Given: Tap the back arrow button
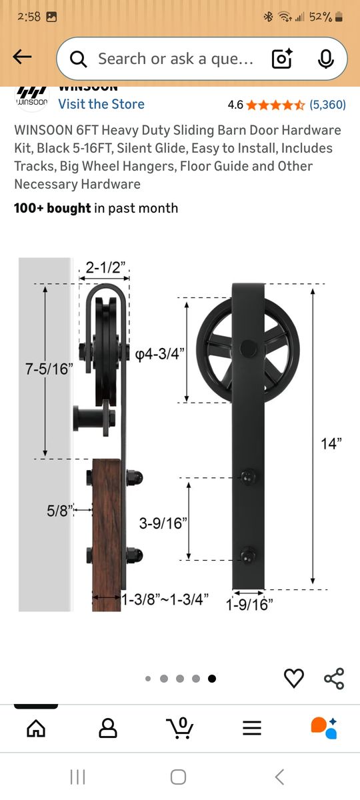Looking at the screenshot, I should pyautogui.click(x=23, y=58).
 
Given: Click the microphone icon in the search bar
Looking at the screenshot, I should pyautogui.click(x=325, y=59).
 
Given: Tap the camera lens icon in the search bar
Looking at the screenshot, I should pyautogui.click(x=282, y=59).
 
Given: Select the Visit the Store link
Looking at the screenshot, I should pyautogui.click(x=101, y=104).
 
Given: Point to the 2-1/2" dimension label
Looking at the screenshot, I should pyautogui.click(x=107, y=268).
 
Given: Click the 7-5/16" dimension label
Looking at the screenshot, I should pyautogui.click(x=49, y=369).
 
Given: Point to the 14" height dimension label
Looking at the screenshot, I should pyautogui.click(x=331, y=443).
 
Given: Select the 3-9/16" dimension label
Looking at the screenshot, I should pyautogui.click(x=161, y=523).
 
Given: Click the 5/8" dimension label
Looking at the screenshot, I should pyautogui.click(x=59, y=511).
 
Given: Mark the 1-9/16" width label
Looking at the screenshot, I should pyautogui.click(x=249, y=605).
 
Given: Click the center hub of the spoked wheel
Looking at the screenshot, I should pyautogui.click(x=248, y=347).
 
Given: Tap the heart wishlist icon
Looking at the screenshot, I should pyautogui.click(x=294, y=678).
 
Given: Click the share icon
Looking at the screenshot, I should pyautogui.click(x=333, y=678).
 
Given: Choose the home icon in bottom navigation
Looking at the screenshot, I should pyautogui.click(x=36, y=727).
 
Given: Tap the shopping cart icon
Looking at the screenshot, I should pyautogui.click(x=179, y=727).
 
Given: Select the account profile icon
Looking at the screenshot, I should pyautogui.click(x=108, y=727).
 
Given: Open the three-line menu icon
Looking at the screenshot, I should pyautogui.click(x=252, y=728).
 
